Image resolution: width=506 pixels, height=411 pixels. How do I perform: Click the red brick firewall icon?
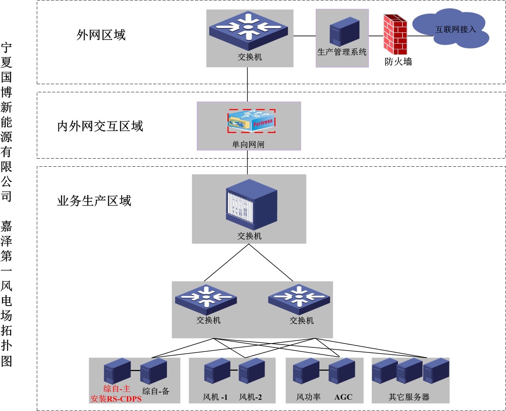point(395,35)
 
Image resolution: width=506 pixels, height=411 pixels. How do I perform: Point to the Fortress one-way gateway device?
point(251,121)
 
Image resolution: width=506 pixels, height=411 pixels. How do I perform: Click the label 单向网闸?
point(248,145)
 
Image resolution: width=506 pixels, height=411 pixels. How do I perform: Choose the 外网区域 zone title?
point(101,35)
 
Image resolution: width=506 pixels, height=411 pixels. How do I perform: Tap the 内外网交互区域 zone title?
point(100,126)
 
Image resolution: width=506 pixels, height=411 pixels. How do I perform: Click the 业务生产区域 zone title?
point(94,201)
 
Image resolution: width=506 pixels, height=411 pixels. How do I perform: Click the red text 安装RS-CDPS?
point(116,399)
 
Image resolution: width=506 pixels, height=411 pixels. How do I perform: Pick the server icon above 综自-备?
point(153,371)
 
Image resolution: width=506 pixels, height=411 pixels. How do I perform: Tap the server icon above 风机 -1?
point(217,371)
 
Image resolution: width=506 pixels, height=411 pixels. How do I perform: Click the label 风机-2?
point(250,397)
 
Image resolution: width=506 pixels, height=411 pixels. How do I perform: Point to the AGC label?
point(343,397)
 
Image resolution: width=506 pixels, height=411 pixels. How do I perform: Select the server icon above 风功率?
point(306,371)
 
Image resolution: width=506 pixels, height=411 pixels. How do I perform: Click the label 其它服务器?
point(409,397)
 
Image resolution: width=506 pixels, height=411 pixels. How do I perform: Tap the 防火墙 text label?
point(398,62)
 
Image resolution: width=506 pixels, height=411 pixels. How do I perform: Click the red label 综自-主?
point(117,389)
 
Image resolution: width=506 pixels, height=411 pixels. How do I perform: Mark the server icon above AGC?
point(342,371)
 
